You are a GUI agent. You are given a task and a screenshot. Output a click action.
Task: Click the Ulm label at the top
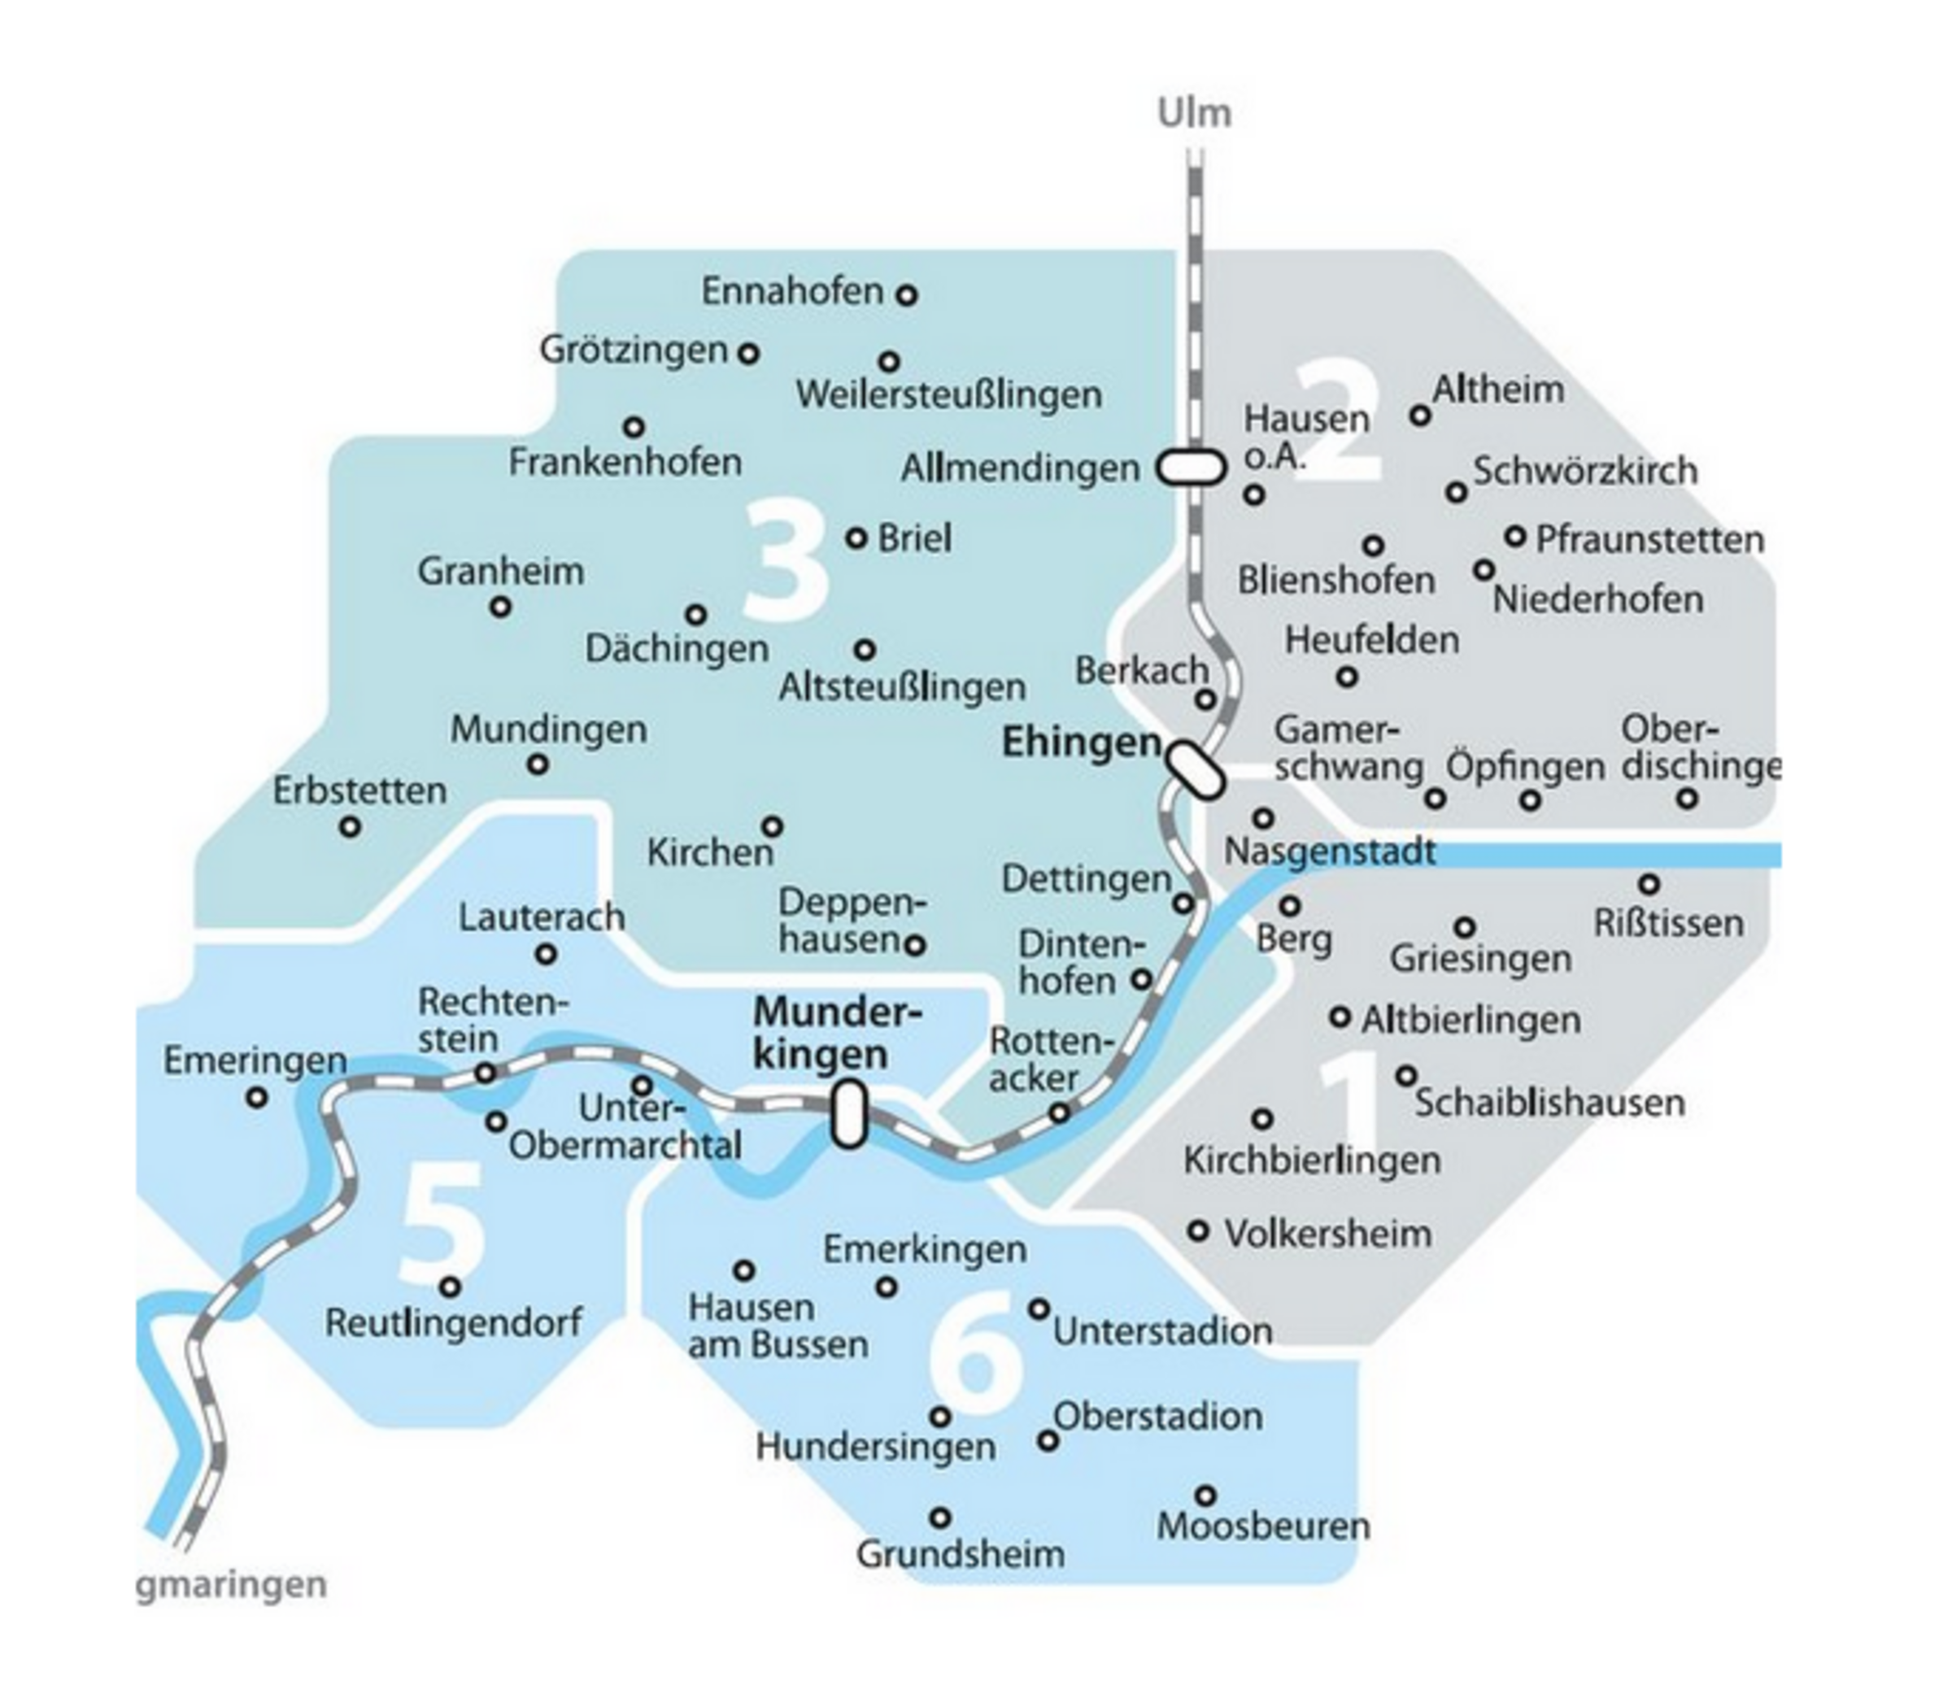1195,112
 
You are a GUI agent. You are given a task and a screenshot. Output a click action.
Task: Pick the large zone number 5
442,1223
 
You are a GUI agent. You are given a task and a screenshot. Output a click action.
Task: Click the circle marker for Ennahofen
907,295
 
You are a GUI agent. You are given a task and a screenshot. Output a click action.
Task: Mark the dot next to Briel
856,538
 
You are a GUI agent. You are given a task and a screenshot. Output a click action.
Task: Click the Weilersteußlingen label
948,394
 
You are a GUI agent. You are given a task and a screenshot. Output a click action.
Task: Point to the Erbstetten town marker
350,827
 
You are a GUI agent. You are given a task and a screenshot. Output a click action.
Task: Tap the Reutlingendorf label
453,1322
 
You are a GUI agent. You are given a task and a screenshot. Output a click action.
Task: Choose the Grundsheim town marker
939,1518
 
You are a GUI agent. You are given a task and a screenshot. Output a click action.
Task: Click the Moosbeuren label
1263,1526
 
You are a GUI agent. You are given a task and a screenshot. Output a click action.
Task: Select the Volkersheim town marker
1198,1230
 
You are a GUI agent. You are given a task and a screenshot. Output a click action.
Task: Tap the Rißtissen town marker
1649,884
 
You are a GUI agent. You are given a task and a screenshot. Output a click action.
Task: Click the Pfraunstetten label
1649,539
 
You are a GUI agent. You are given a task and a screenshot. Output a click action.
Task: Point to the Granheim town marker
500,607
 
